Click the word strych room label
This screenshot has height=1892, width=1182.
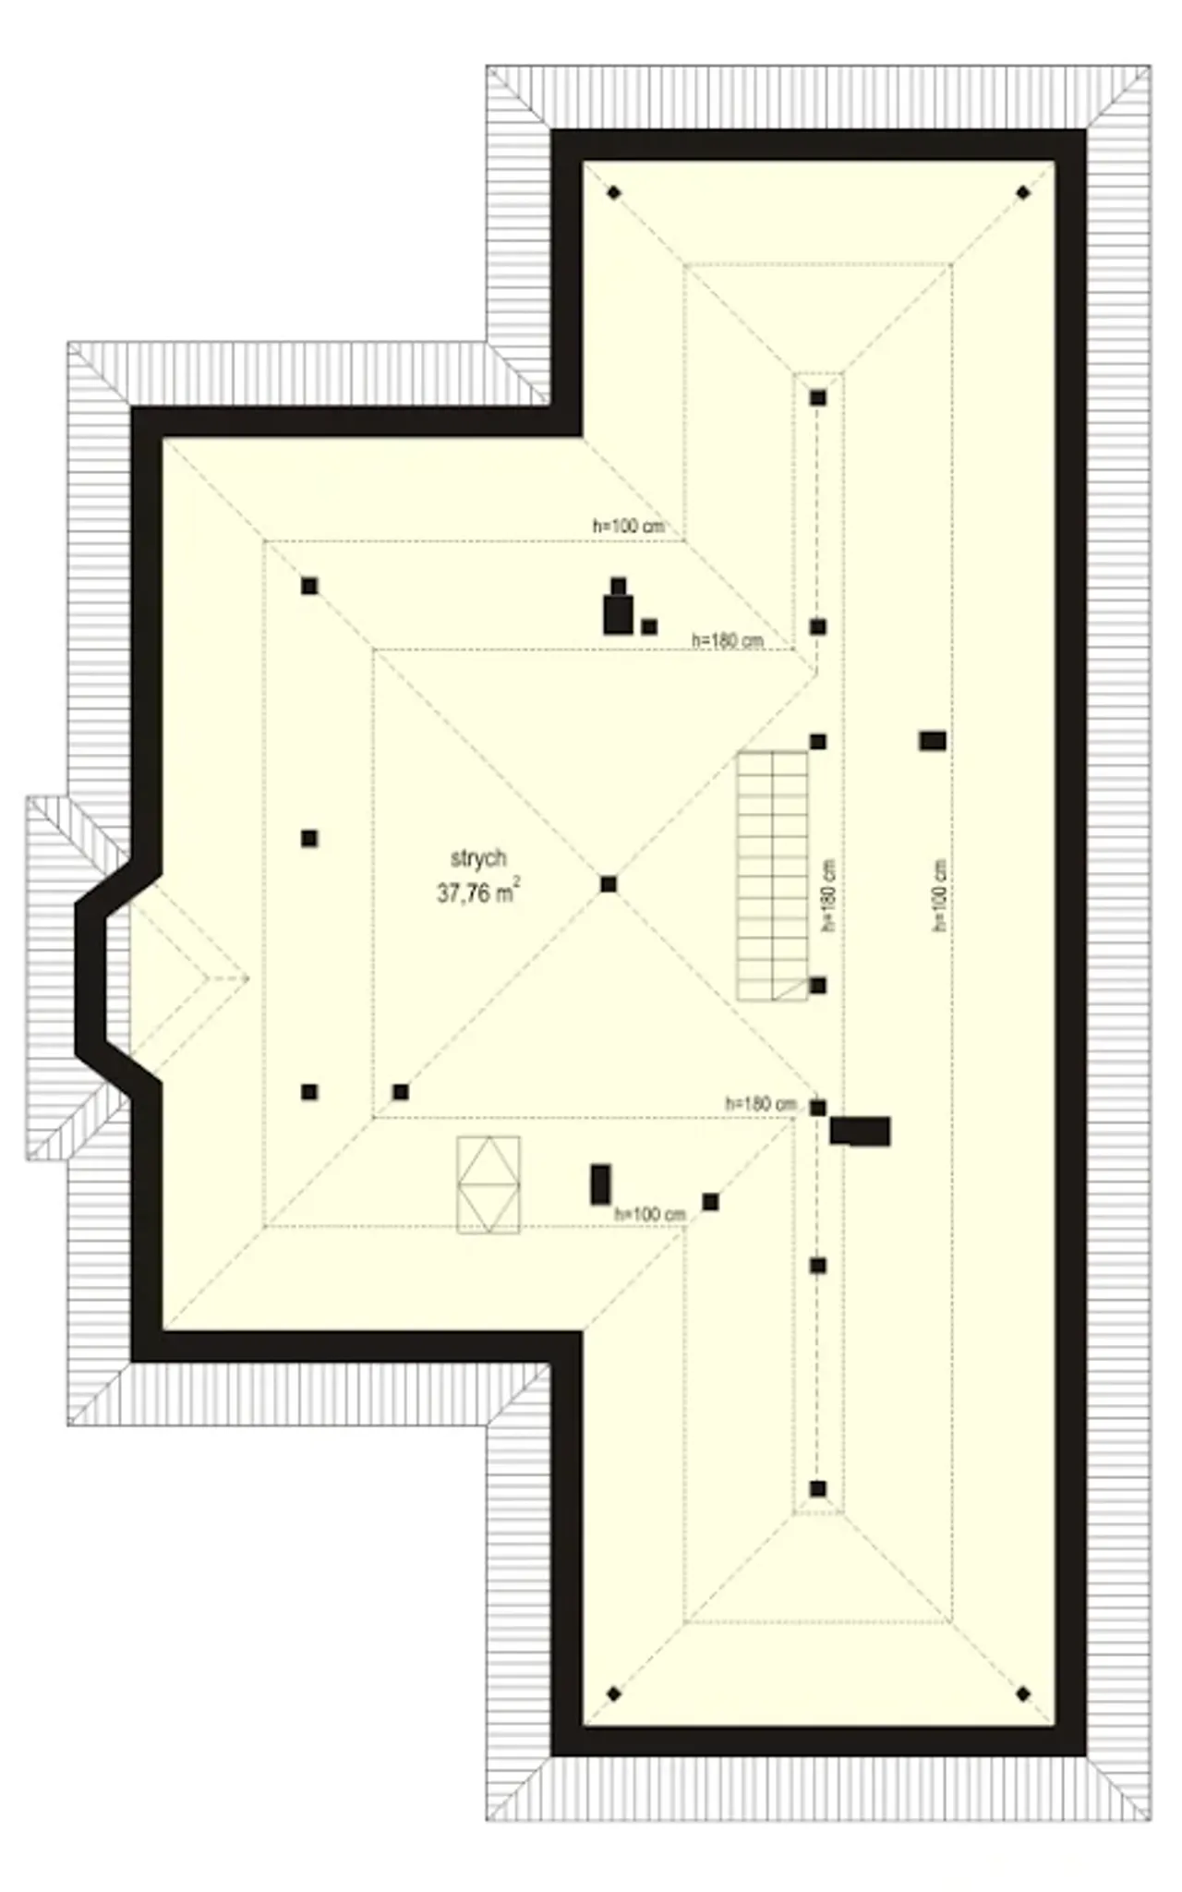(478, 859)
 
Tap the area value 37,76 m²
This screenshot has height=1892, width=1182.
(477, 892)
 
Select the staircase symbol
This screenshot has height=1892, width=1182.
(773, 876)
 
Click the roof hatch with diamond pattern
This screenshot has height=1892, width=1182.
(488, 1184)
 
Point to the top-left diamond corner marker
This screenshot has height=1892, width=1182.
(614, 193)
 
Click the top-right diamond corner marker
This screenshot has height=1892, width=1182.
(1023, 193)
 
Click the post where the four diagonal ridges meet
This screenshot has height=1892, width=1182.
(608, 884)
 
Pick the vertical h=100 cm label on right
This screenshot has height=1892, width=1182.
(940, 895)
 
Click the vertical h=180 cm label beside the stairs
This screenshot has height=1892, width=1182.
(828, 895)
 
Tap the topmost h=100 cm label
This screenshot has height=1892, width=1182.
(628, 527)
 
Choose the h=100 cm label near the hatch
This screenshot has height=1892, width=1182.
(650, 1214)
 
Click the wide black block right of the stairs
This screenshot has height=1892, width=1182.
(933, 740)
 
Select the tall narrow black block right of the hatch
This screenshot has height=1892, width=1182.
(600, 1184)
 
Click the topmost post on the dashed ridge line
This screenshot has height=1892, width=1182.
(818, 398)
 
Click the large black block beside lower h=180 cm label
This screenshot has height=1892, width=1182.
(861, 1132)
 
